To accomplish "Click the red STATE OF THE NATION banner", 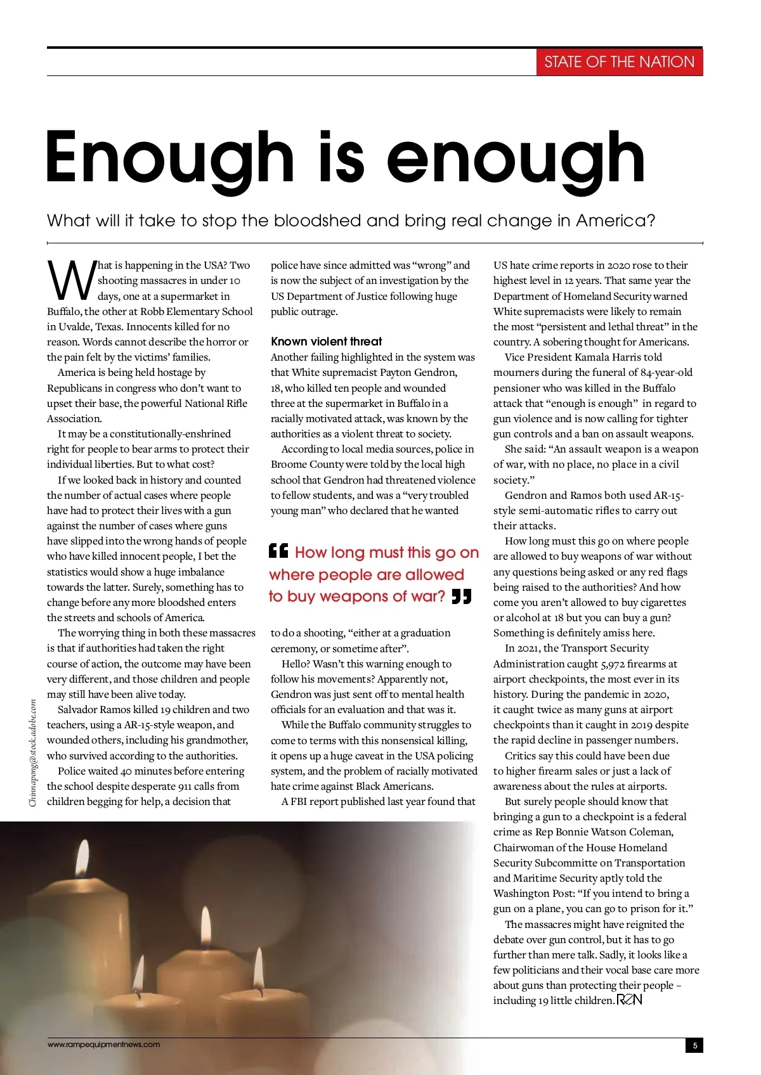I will point(619,62).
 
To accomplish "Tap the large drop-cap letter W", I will point(71,281).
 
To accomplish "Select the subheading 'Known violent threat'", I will point(326,342).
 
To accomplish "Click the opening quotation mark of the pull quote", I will point(278,551).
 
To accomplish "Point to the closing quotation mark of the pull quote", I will point(462,596).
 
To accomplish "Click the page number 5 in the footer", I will point(694,1045).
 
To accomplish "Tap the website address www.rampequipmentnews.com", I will point(104,1045).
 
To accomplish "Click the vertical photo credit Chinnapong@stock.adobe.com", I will point(33,753).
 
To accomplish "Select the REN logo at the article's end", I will point(629,1000).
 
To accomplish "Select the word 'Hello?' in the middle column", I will point(296,664).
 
